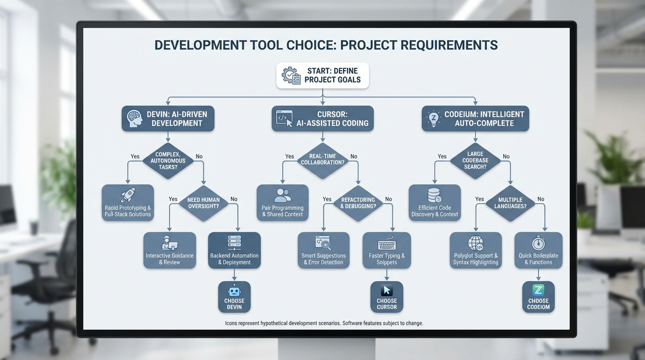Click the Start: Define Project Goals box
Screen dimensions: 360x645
322,75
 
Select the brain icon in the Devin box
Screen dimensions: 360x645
135,118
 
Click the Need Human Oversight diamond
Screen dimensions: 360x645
203,203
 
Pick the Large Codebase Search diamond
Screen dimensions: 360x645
475,160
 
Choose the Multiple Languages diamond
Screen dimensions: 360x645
510,203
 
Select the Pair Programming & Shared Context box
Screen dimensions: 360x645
283,203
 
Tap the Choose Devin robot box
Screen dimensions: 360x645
234,297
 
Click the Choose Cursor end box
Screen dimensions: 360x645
387,297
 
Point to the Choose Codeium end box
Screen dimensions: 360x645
538,297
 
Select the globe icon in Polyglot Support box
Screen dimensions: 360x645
475,243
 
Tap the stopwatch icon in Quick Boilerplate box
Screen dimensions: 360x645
538,243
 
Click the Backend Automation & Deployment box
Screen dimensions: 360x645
234,251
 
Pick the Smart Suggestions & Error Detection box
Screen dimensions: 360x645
323,251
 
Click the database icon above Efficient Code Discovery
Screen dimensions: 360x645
435,195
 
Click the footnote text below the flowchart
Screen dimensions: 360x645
324,323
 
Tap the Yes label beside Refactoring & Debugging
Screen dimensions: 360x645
327,199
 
